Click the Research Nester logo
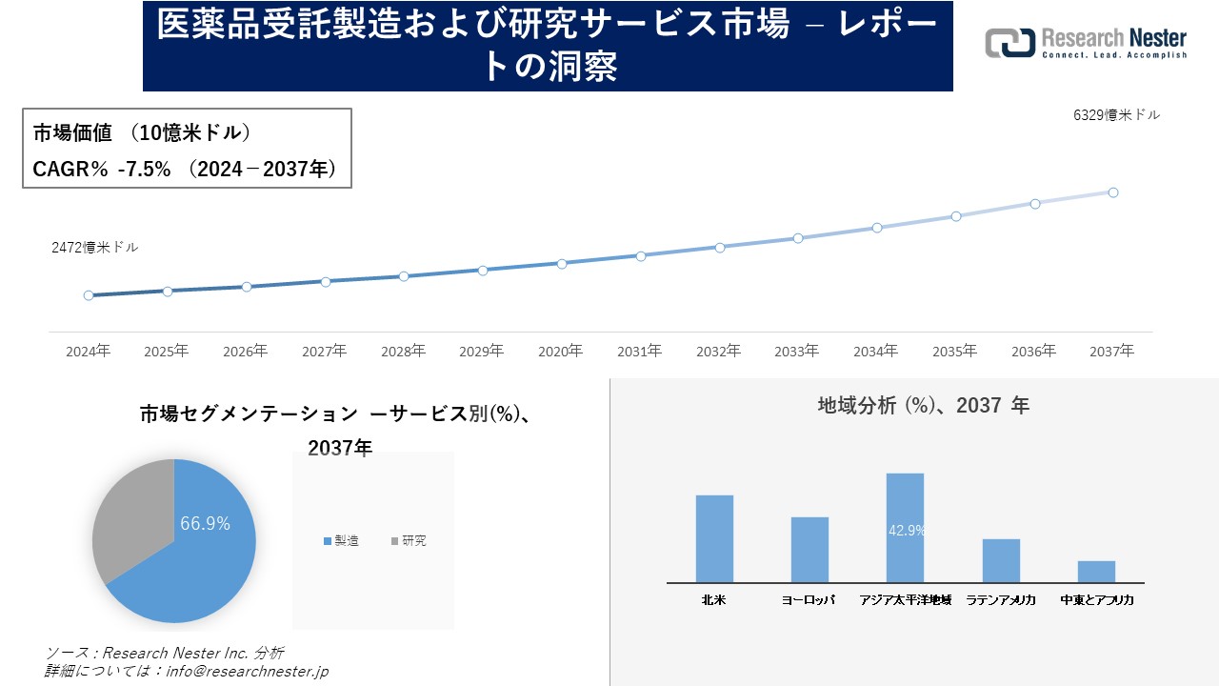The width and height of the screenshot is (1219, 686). pos(1086,43)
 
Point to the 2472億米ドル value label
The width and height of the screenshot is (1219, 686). pos(94,247)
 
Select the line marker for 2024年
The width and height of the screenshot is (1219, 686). pos(89,295)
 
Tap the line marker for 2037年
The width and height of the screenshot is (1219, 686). pos(1112,192)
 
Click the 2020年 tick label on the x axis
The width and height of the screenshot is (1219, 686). pos(560,352)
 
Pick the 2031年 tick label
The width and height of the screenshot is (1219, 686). pos(639,352)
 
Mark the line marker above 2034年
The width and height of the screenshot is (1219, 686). pos(877,228)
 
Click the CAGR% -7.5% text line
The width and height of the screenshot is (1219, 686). pos(184,169)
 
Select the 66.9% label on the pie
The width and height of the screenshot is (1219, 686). pos(206,523)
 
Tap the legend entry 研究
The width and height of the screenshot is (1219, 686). pos(409,541)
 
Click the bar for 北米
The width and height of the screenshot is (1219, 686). pos(714,538)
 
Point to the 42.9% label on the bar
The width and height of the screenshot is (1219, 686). pos(906,531)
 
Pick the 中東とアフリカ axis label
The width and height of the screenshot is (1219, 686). pos(1096,600)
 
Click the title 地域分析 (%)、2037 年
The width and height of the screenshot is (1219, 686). pos(923,406)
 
